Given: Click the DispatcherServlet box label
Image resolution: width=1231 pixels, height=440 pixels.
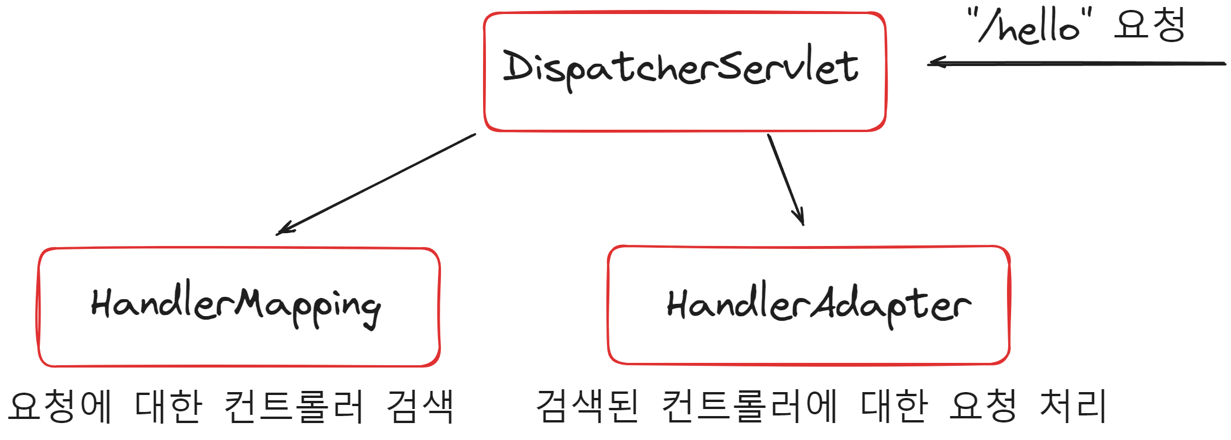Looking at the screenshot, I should (681, 67).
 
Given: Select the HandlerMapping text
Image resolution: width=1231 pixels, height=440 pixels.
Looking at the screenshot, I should (236, 306).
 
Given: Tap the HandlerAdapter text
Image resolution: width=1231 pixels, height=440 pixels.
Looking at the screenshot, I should (818, 306).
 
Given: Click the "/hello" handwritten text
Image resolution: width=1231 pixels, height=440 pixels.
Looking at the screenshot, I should (1029, 27).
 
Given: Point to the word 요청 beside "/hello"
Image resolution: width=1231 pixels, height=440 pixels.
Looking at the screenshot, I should (1150, 25).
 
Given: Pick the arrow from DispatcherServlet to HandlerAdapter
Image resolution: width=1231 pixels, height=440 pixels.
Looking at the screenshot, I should (785, 179).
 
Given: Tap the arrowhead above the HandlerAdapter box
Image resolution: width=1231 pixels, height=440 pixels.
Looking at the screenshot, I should (800, 219).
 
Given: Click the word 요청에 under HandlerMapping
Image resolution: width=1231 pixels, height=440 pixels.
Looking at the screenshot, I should (60, 406).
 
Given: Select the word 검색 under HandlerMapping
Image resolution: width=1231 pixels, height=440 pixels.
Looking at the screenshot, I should (420, 406).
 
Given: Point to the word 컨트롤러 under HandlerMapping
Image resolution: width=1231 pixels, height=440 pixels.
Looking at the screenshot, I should (294, 406).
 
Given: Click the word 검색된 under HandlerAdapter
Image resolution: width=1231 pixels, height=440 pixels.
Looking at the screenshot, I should (587, 406).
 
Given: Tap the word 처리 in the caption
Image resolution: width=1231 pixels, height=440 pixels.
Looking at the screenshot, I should (1073, 406).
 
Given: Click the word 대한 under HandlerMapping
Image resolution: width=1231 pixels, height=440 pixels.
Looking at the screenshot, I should (168, 406).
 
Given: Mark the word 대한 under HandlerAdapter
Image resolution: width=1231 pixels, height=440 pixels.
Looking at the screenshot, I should (894, 406).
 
